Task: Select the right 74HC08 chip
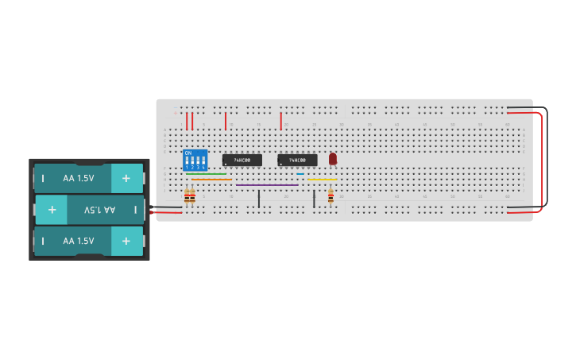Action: point(297,160)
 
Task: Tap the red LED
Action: point(333,158)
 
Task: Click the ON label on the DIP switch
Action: point(188,153)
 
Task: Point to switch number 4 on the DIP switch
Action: point(203,161)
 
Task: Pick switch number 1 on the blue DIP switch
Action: point(187,161)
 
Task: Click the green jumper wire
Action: point(207,174)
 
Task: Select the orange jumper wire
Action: point(211,180)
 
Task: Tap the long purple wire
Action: point(268,185)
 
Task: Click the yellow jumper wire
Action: point(321,180)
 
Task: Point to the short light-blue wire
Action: point(300,174)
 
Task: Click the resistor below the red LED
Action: point(331,196)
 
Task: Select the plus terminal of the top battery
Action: point(126,178)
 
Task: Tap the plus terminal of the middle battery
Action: point(52,210)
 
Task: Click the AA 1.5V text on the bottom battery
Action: point(79,241)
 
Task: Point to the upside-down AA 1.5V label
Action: point(99,210)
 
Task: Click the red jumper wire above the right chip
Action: point(280,120)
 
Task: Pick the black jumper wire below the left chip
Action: point(258,198)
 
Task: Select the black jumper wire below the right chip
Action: point(314,198)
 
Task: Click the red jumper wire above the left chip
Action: point(226,120)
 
